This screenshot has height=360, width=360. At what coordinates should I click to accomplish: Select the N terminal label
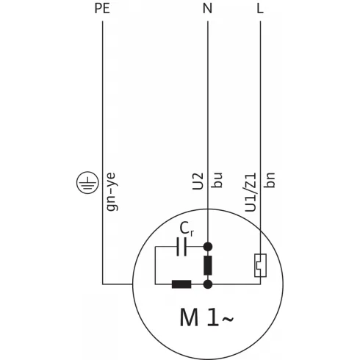point(208,10)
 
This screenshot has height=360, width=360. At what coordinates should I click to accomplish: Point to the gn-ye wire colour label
point(112,188)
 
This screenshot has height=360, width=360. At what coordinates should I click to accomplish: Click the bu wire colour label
point(217,182)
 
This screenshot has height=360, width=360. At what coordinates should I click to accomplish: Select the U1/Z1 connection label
point(250,193)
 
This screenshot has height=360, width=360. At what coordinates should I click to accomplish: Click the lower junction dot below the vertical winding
point(208,283)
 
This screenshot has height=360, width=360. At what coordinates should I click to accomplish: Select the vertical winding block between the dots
point(208,264)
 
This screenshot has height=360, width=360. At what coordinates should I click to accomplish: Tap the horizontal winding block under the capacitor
point(181,283)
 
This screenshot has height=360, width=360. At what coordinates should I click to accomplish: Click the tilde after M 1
point(229,318)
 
